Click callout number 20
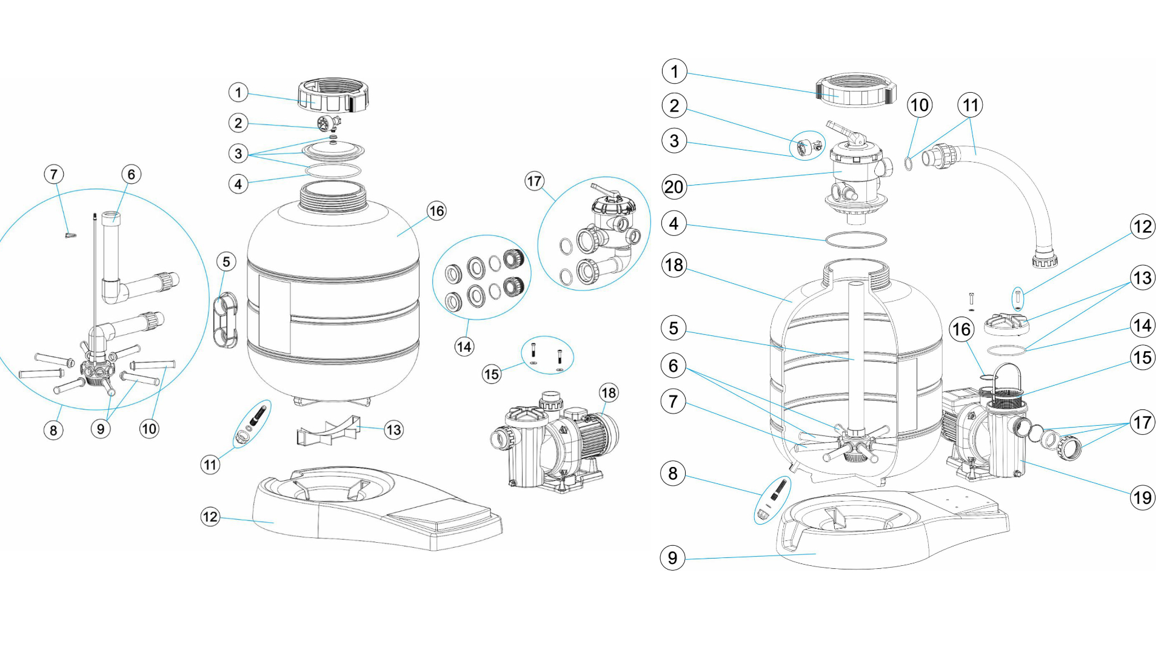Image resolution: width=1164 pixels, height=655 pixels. (x=674, y=187)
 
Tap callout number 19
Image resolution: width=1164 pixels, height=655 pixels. (x=1142, y=498)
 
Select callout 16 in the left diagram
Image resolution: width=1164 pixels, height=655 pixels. (x=436, y=211)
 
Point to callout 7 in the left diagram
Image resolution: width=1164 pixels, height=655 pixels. (x=54, y=175)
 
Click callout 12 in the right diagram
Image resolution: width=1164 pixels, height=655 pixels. (x=1142, y=227)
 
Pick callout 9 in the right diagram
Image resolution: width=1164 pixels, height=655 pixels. (x=672, y=557)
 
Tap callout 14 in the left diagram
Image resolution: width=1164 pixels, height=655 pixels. (x=464, y=347)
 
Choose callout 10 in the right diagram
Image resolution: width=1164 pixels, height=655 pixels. (x=919, y=105)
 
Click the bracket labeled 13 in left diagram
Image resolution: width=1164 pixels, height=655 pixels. (x=327, y=429)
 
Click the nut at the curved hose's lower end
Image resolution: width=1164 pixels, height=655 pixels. (x=1044, y=261)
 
